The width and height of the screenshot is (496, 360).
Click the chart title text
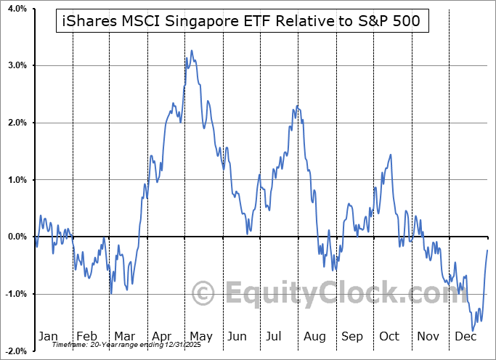tap(243, 22)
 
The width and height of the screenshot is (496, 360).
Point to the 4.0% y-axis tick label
tap(16, 9)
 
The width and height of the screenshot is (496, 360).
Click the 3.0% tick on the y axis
tap(16, 66)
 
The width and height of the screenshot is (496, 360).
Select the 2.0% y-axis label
tap(16, 123)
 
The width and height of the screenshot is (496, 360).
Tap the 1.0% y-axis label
tap(16, 180)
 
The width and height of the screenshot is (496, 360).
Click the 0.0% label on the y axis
tap(16, 237)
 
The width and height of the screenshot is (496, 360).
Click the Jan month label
tap(47, 336)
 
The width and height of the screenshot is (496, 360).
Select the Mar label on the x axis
tap(124, 336)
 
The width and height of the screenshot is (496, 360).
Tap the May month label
tap(200, 336)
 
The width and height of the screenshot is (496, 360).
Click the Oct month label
tap(390, 336)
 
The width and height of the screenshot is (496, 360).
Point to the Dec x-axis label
tap(465, 336)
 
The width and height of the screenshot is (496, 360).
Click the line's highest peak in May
tap(192, 50)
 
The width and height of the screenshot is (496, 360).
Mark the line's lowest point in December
tap(473, 331)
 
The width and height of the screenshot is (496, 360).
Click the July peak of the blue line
tap(296, 107)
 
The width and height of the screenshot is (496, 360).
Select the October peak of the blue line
tap(391, 154)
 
